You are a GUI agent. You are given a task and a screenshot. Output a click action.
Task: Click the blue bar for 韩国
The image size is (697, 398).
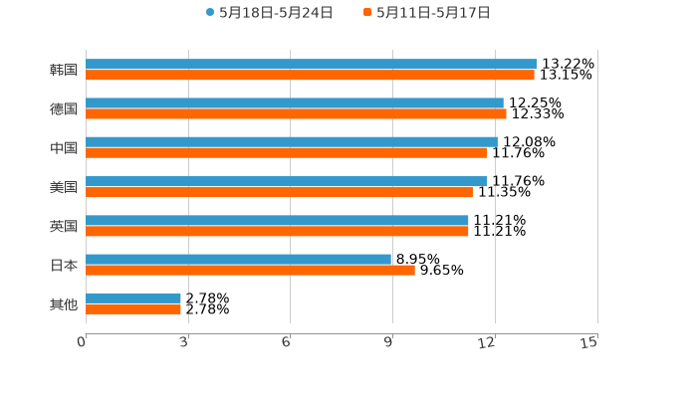point(311,65)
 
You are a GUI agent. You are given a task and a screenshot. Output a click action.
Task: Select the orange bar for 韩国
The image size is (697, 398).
point(310,76)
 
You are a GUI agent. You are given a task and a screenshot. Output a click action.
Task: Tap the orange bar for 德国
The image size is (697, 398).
point(296,114)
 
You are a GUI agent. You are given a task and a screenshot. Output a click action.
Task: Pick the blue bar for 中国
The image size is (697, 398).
point(291,142)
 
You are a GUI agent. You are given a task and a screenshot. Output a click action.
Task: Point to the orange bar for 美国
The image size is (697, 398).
point(279,192)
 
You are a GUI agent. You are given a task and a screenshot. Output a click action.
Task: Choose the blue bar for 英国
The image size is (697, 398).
point(277,220)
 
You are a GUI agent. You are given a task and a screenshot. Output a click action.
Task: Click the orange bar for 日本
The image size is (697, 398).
point(250,270)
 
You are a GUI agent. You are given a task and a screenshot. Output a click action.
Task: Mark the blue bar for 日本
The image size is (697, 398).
point(238,259)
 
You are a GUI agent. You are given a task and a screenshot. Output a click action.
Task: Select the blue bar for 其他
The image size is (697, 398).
point(133,298)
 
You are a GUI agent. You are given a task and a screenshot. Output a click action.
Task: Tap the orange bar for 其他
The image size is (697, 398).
point(133,308)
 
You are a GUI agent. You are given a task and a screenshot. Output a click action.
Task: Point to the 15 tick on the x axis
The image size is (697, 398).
point(589,342)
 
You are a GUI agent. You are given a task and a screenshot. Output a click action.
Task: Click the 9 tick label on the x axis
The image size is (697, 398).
point(388,342)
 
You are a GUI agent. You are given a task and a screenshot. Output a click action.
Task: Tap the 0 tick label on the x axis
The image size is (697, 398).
point(82,342)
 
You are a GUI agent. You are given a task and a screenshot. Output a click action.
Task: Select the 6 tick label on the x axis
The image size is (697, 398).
point(286,342)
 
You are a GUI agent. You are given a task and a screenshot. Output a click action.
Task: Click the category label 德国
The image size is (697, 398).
point(64,109)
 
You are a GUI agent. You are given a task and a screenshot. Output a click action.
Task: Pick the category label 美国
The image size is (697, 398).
point(64,187)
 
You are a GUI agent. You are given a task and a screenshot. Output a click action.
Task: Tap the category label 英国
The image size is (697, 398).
point(64,226)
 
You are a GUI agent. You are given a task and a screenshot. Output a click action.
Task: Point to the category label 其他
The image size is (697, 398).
point(64,303)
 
